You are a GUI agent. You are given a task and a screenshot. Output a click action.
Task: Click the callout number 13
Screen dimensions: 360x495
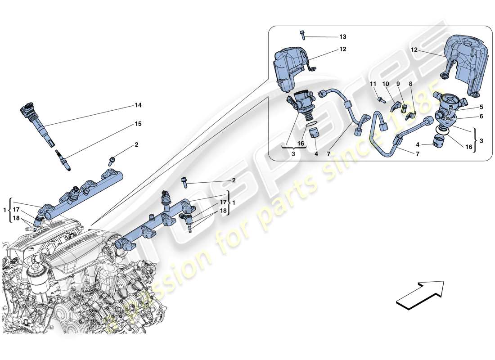(x=343, y=36)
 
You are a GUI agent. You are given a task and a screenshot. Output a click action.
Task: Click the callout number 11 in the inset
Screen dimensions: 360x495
(x=373, y=84)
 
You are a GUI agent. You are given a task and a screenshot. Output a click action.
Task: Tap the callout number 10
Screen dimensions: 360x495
(x=386, y=84)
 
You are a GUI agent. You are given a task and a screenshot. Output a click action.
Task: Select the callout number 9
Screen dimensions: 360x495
(x=398, y=84)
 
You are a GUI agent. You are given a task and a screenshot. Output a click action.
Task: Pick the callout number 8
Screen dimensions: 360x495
(x=410, y=84)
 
